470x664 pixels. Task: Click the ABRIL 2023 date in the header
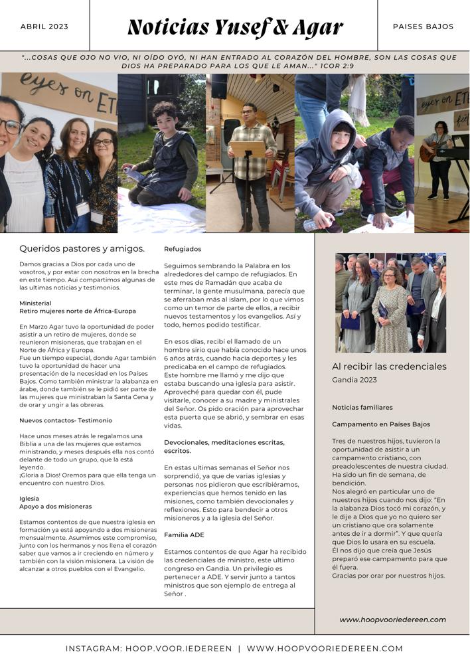(x=44, y=27)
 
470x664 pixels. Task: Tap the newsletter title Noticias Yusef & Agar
(x=235, y=27)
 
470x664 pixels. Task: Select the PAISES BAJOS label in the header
(x=423, y=27)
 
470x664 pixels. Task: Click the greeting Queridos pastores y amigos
(x=82, y=249)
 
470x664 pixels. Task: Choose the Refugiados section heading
(x=183, y=249)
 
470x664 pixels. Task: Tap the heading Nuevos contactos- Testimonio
(x=66, y=420)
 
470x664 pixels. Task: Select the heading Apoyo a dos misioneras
(x=56, y=506)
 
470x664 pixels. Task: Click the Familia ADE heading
(x=184, y=535)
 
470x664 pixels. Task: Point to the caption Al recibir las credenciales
(x=389, y=367)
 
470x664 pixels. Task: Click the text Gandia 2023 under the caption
(x=354, y=380)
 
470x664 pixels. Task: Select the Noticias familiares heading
(x=362, y=407)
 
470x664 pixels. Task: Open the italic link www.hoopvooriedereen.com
(x=392, y=620)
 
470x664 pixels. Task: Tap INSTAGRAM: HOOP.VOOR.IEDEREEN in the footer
(x=149, y=648)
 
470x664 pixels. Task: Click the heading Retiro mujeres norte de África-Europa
(x=78, y=311)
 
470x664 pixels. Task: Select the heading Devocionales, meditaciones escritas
(x=224, y=442)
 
